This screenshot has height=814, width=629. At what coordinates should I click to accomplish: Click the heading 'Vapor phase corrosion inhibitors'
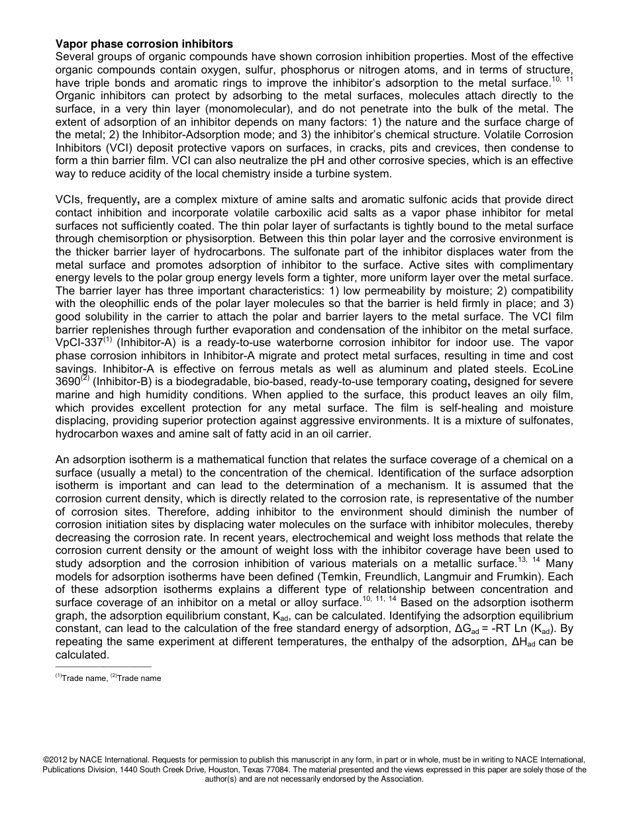[144, 44]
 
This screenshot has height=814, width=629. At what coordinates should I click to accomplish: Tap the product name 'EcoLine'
[552, 368]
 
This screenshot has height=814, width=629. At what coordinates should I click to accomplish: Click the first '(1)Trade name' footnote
[81, 678]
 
